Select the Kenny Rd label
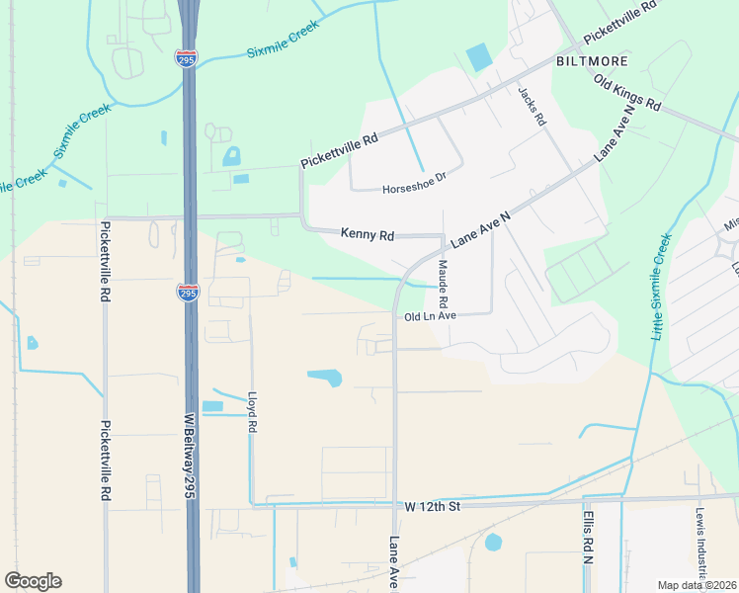[x=368, y=234]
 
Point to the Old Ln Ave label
[x=430, y=316]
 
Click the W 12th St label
[x=433, y=505]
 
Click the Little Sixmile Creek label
[x=661, y=287]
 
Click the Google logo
[x=33, y=581]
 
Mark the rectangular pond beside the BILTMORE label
[x=478, y=57]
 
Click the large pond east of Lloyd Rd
[x=325, y=377]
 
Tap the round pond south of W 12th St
[x=493, y=542]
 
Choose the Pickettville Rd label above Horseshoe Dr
[x=341, y=151]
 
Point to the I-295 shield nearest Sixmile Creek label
[x=186, y=58]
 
